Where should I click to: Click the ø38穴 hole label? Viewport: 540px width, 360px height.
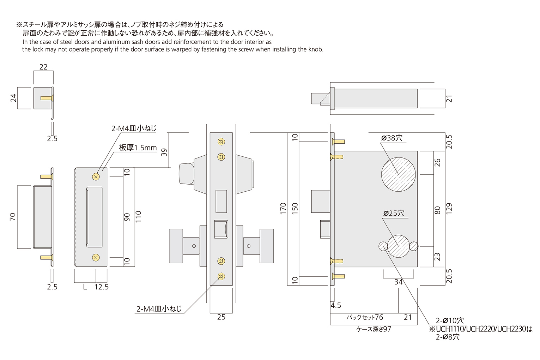click(x=392, y=138)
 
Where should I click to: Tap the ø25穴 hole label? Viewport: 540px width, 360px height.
click(x=394, y=214)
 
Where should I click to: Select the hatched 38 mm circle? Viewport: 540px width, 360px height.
click(x=398, y=174)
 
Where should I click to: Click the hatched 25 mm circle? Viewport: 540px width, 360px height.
click(x=399, y=246)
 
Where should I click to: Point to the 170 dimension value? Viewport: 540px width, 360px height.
click(x=283, y=208)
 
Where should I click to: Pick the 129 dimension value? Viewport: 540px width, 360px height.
click(x=449, y=208)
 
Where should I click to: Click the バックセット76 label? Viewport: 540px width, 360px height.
click(x=364, y=317)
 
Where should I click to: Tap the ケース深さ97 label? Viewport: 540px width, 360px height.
click(x=374, y=329)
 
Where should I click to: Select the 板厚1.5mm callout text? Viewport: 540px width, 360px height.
click(x=138, y=148)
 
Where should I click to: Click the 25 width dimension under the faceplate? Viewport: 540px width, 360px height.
click(x=221, y=317)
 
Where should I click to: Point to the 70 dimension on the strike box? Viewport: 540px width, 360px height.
click(x=13, y=217)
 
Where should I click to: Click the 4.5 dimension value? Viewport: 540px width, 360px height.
click(x=336, y=305)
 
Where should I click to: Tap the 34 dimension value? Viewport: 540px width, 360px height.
click(x=398, y=282)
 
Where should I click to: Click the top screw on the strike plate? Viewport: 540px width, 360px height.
click(x=96, y=176)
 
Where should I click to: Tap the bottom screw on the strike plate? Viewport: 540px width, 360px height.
click(x=96, y=258)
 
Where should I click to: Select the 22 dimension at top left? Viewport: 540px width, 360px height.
click(x=43, y=67)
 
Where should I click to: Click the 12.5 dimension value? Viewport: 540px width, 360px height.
click(x=101, y=287)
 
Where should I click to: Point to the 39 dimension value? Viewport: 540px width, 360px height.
click(x=164, y=152)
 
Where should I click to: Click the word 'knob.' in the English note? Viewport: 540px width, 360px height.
click(x=316, y=49)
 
